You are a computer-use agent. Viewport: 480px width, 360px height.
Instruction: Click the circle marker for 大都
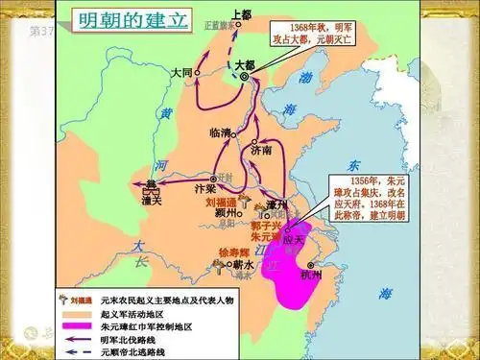coord(244,77)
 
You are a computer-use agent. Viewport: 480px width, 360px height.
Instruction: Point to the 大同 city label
coord(183,72)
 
